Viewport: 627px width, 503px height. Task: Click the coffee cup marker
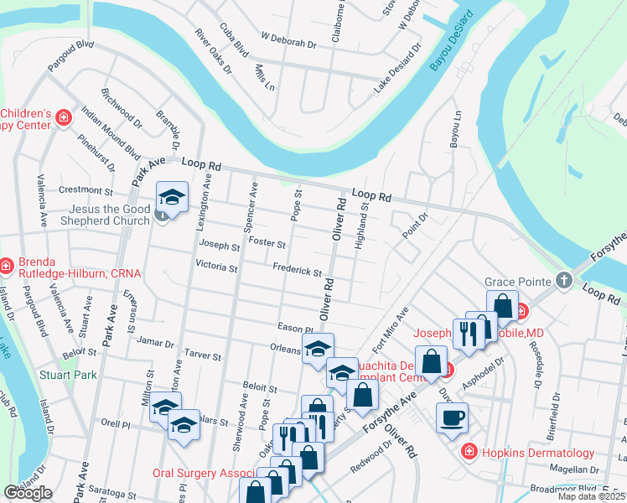click(452, 417)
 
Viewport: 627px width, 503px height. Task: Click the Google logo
click(28, 493)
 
